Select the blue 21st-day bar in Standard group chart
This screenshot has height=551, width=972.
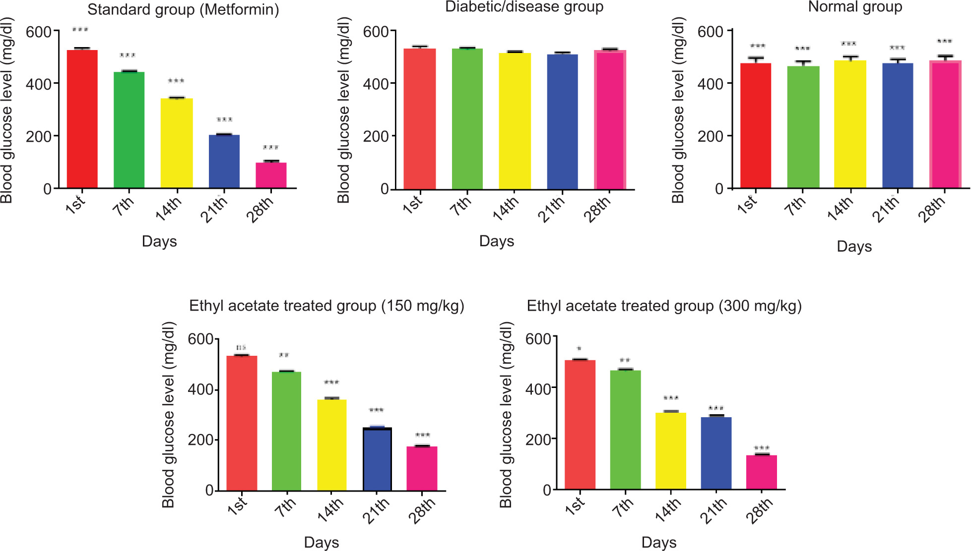(x=224, y=161)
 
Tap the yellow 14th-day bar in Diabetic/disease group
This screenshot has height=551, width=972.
(x=515, y=121)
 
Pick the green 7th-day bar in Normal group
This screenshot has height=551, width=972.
(x=803, y=127)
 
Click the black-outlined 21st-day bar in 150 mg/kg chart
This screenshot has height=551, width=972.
(x=377, y=459)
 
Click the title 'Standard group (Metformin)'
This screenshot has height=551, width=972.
(x=183, y=10)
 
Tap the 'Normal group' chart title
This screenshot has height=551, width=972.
(x=855, y=7)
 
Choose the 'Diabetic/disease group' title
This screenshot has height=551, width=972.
(x=524, y=7)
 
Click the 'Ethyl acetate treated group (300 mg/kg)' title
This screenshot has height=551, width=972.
(x=664, y=306)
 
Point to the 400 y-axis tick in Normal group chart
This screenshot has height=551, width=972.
(x=710, y=84)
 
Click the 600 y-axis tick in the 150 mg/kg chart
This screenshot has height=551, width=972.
(x=200, y=339)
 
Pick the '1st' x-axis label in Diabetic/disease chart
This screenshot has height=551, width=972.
(x=413, y=204)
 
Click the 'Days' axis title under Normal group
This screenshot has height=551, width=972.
(x=854, y=247)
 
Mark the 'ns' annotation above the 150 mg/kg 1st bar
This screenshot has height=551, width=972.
(x=241, y=348)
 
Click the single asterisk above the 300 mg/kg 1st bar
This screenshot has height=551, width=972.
(x=579, y=349)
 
